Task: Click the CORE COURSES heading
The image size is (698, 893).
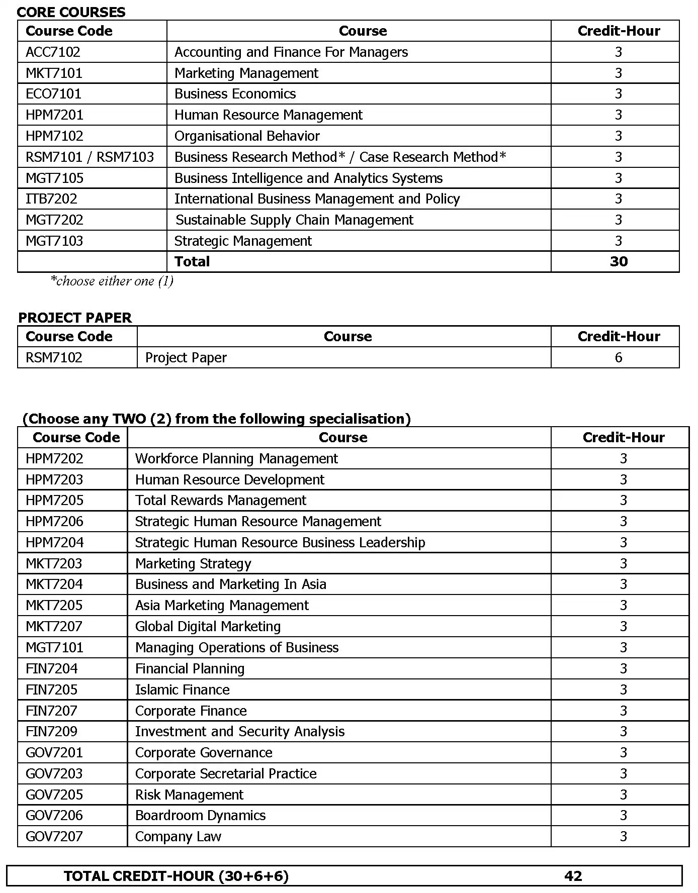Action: click(71, 12)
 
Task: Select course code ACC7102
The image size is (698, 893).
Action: click(53, 52)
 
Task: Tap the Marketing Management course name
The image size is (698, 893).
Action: click(246, 73)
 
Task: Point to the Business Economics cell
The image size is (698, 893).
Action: click(235, 94)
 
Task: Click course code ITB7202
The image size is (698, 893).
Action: click(51, 199)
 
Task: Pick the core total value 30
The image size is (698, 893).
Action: click(618, 262)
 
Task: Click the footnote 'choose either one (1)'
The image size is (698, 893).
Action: click(112, 281)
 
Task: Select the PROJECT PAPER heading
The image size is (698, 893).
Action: click(75, 318)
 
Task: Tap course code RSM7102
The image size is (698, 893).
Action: click(54, 358)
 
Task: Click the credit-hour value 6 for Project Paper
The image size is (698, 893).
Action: click(618, 358)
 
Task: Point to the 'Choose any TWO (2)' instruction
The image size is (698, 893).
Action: click(216, 419)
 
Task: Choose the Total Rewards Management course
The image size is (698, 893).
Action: click(220, 501)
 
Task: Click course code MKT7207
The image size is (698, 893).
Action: click(54, 627)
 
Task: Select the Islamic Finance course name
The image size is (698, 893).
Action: click(182, 690)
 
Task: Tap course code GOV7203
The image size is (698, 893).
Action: click(54, 774)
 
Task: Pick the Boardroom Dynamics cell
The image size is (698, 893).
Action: click(200, 816)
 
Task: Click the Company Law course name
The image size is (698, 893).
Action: click(178, 837)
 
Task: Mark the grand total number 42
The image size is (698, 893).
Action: click(573, 876)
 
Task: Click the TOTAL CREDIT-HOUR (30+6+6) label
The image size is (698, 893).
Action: click(176, 876)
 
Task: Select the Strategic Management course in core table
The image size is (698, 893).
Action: click(243, 241)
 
